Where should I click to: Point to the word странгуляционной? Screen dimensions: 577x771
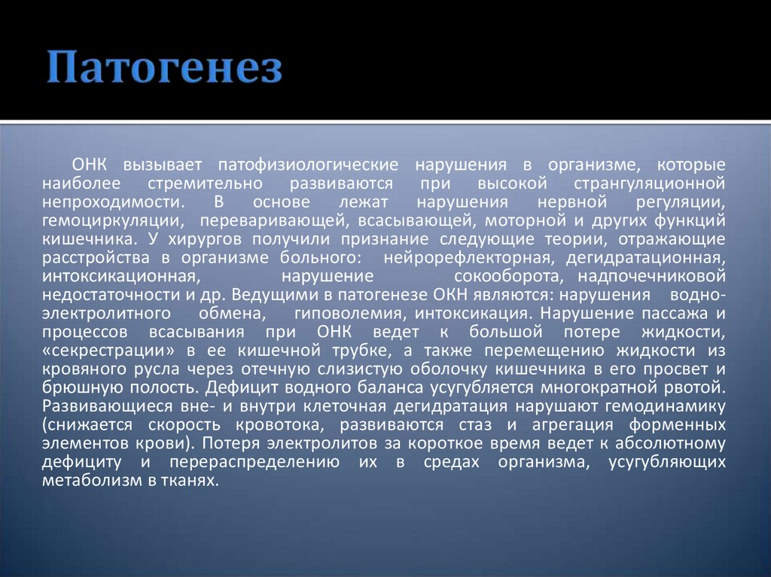[x=649, y=183]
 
